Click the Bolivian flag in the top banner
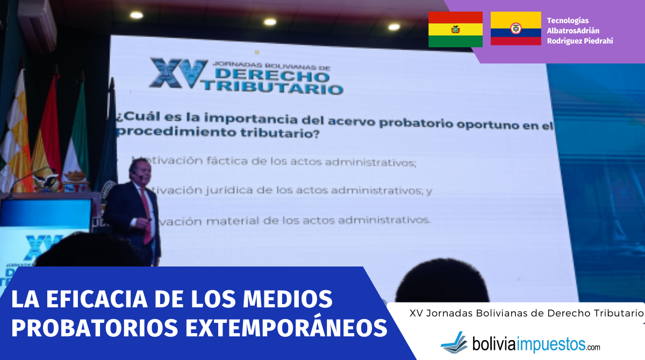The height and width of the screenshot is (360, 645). (455, 29)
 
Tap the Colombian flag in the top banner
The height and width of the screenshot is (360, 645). (515, 28)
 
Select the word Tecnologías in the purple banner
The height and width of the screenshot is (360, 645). (568, 20)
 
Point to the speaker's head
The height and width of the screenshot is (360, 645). (137, 171)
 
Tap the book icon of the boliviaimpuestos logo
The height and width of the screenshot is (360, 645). (454, 342)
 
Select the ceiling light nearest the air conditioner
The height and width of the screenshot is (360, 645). (136, 15)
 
